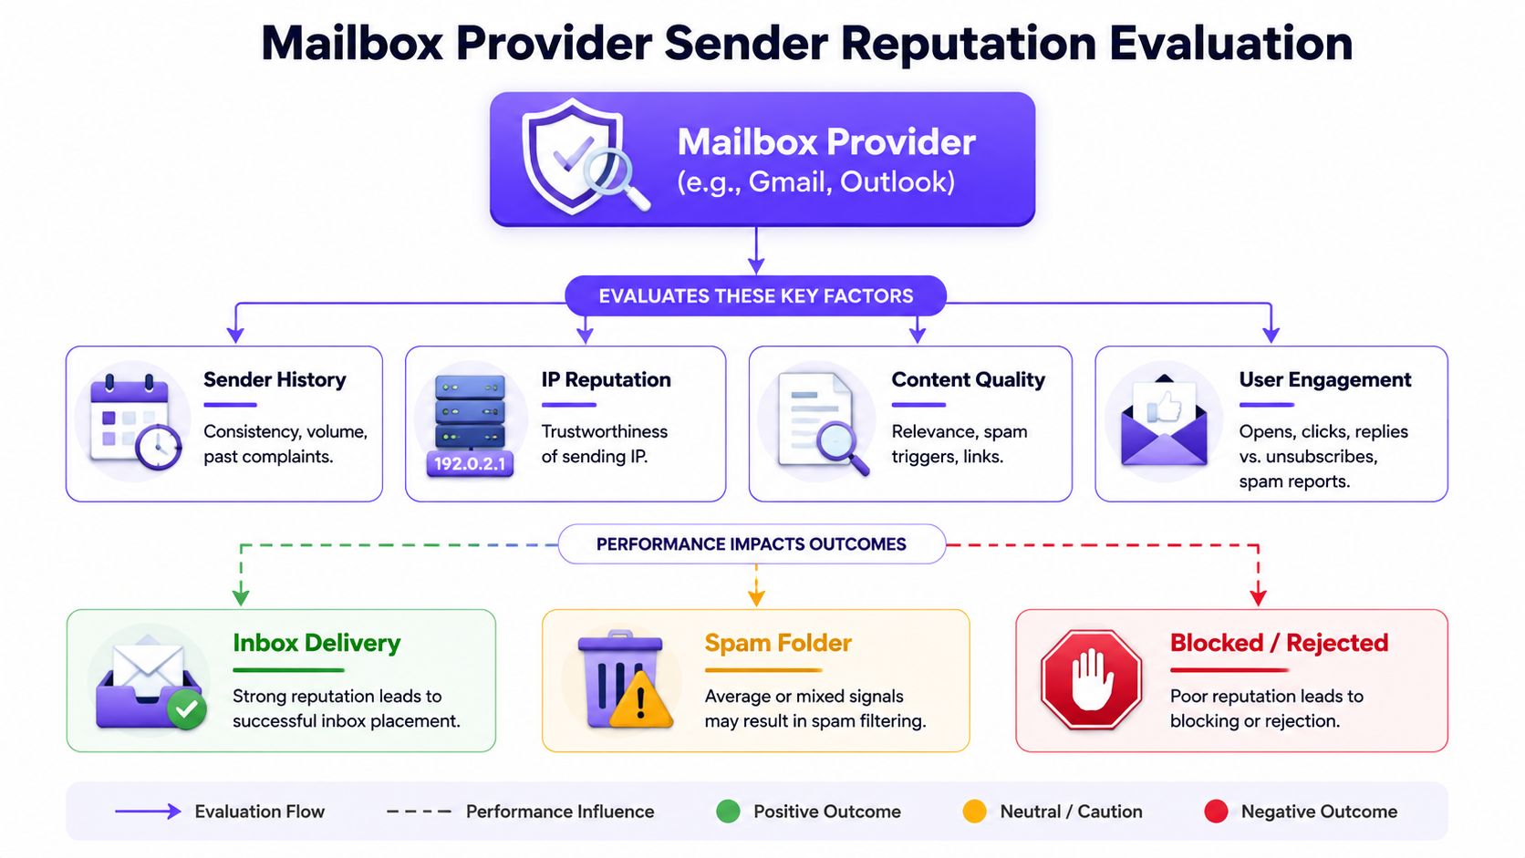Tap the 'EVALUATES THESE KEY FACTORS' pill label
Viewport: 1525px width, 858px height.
pos(756,296)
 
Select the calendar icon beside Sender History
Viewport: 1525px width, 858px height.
pos(135,422)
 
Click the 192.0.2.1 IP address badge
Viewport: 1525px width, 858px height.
pos(470,464)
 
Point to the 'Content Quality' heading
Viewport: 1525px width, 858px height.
pos(968,379)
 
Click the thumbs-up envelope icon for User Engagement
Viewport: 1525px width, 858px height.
pos(1164,420)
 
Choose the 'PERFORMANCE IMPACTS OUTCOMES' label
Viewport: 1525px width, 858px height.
pos(752,544)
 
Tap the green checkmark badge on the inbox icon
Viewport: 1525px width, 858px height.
pos(187,709)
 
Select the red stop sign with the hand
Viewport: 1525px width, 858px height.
pos(1092,679)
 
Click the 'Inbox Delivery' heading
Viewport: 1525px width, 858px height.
pos(316,643)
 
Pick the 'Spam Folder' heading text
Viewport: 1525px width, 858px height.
pos(778,643)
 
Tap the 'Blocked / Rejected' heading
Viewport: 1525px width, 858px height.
pos(1280,643)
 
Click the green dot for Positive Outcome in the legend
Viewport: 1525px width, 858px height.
pos(729,811)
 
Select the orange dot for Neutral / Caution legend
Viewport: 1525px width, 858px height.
pos(974,811)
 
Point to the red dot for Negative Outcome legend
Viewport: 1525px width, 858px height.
pos(1216,811)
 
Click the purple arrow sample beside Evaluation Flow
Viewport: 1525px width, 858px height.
pos(148,811)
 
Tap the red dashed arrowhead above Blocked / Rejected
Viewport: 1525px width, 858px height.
pos(1258,597)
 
